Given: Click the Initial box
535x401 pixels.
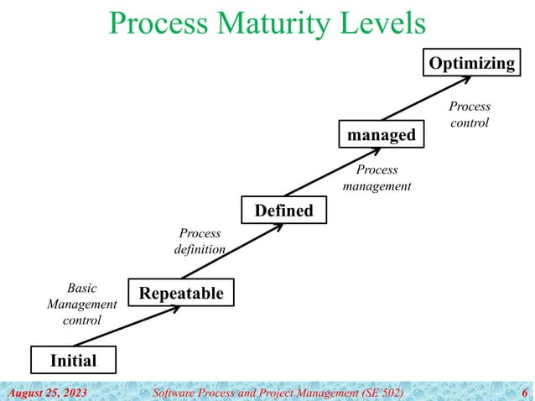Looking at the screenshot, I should click(x=73, y=361).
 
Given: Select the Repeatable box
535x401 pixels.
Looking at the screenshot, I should click(x=180, y=293).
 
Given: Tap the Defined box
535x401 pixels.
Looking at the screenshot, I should click(x=283, y=210).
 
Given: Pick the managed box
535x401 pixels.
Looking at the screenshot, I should click(x=382, y=135).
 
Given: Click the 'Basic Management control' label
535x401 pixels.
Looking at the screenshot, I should click(x=81, y=304).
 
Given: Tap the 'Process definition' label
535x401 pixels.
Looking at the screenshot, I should click(x=200, y=242).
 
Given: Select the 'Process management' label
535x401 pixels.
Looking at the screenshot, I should click(x=377, y=178).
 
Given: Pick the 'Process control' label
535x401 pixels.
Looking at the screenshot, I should click(x=470, y=115).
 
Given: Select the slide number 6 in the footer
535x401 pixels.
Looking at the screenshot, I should click(x=524, y=392).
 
